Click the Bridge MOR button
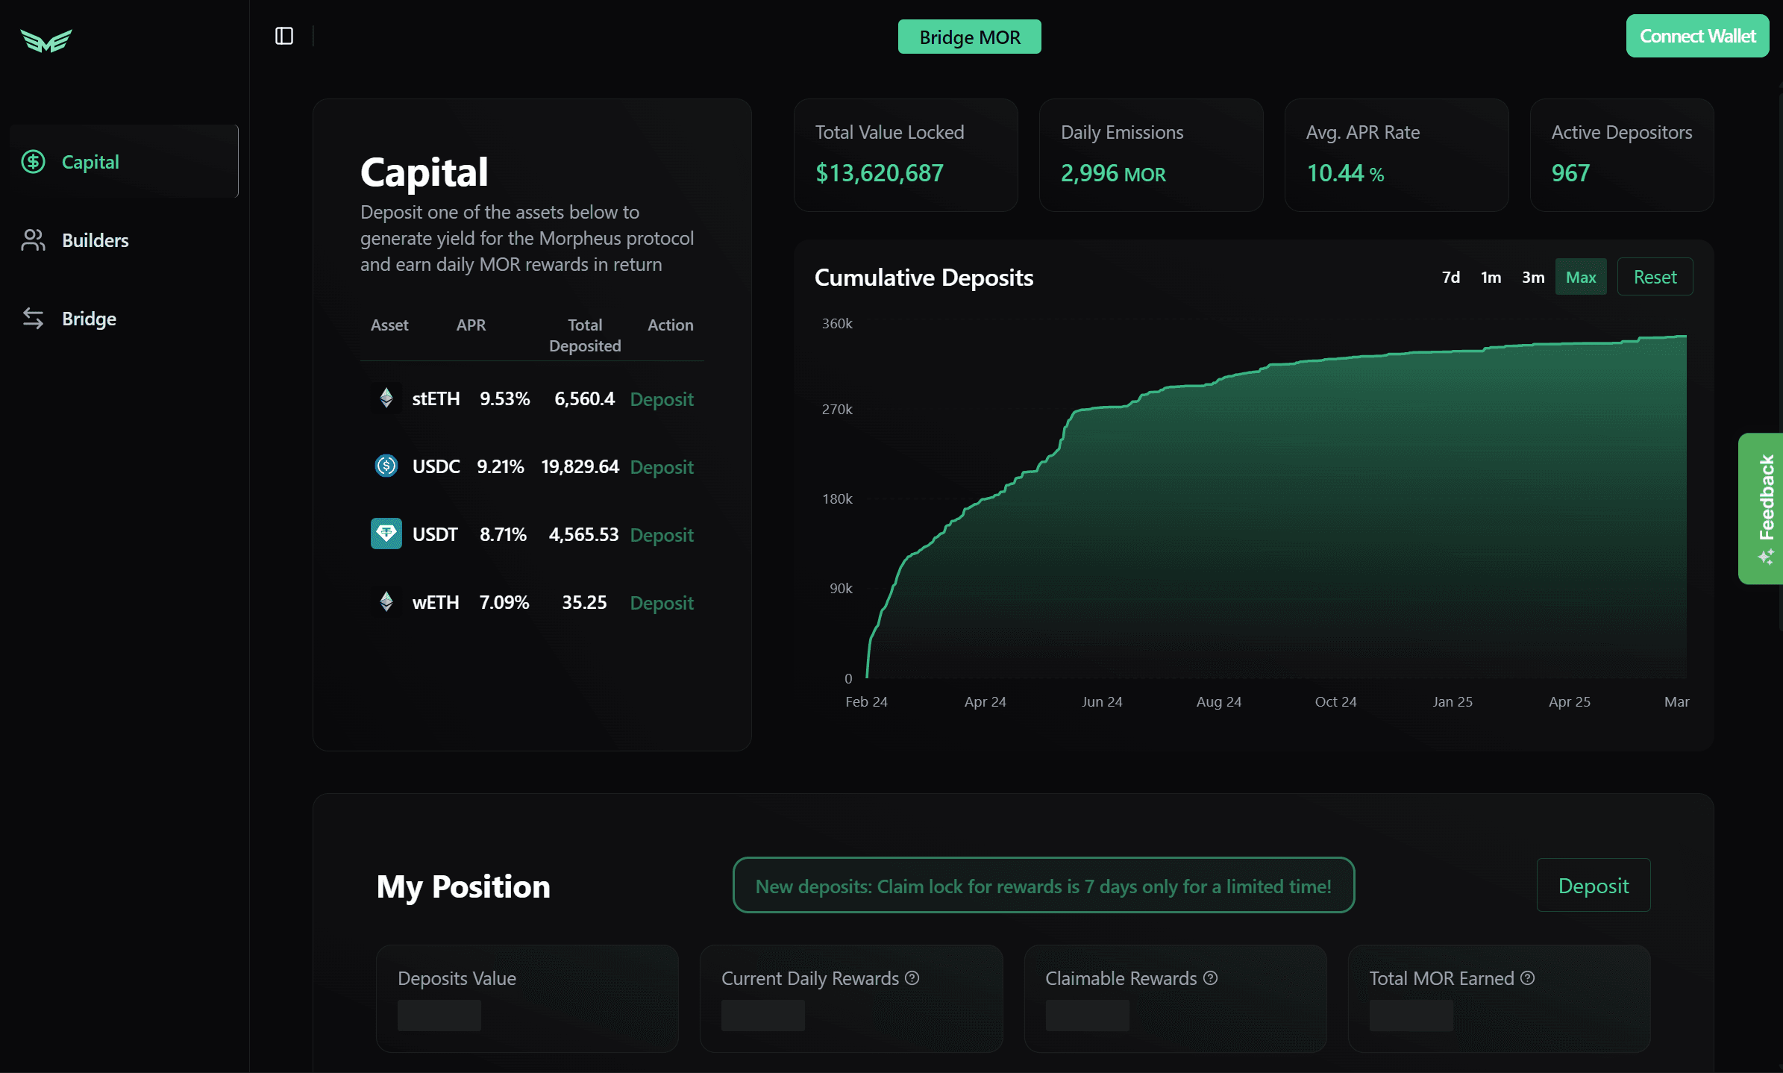(969, 37)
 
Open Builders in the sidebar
(95, 240)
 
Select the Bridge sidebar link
(89, 319)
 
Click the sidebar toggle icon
(284, 36)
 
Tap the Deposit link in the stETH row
(662, 399)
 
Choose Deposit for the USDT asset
(662, 535)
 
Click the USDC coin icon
(386, 466)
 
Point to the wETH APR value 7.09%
(504, 602)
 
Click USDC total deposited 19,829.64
(580, 466)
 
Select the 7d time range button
(1451, 277)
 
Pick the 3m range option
(1533, 277)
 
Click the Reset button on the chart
(1655, 277)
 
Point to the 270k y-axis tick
(837, 409)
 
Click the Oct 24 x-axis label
(1335, 701)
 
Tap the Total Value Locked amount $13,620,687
(880, 173)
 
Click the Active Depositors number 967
(1570, 173)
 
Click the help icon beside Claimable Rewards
(1211, 977)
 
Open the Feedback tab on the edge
(1761, 508)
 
